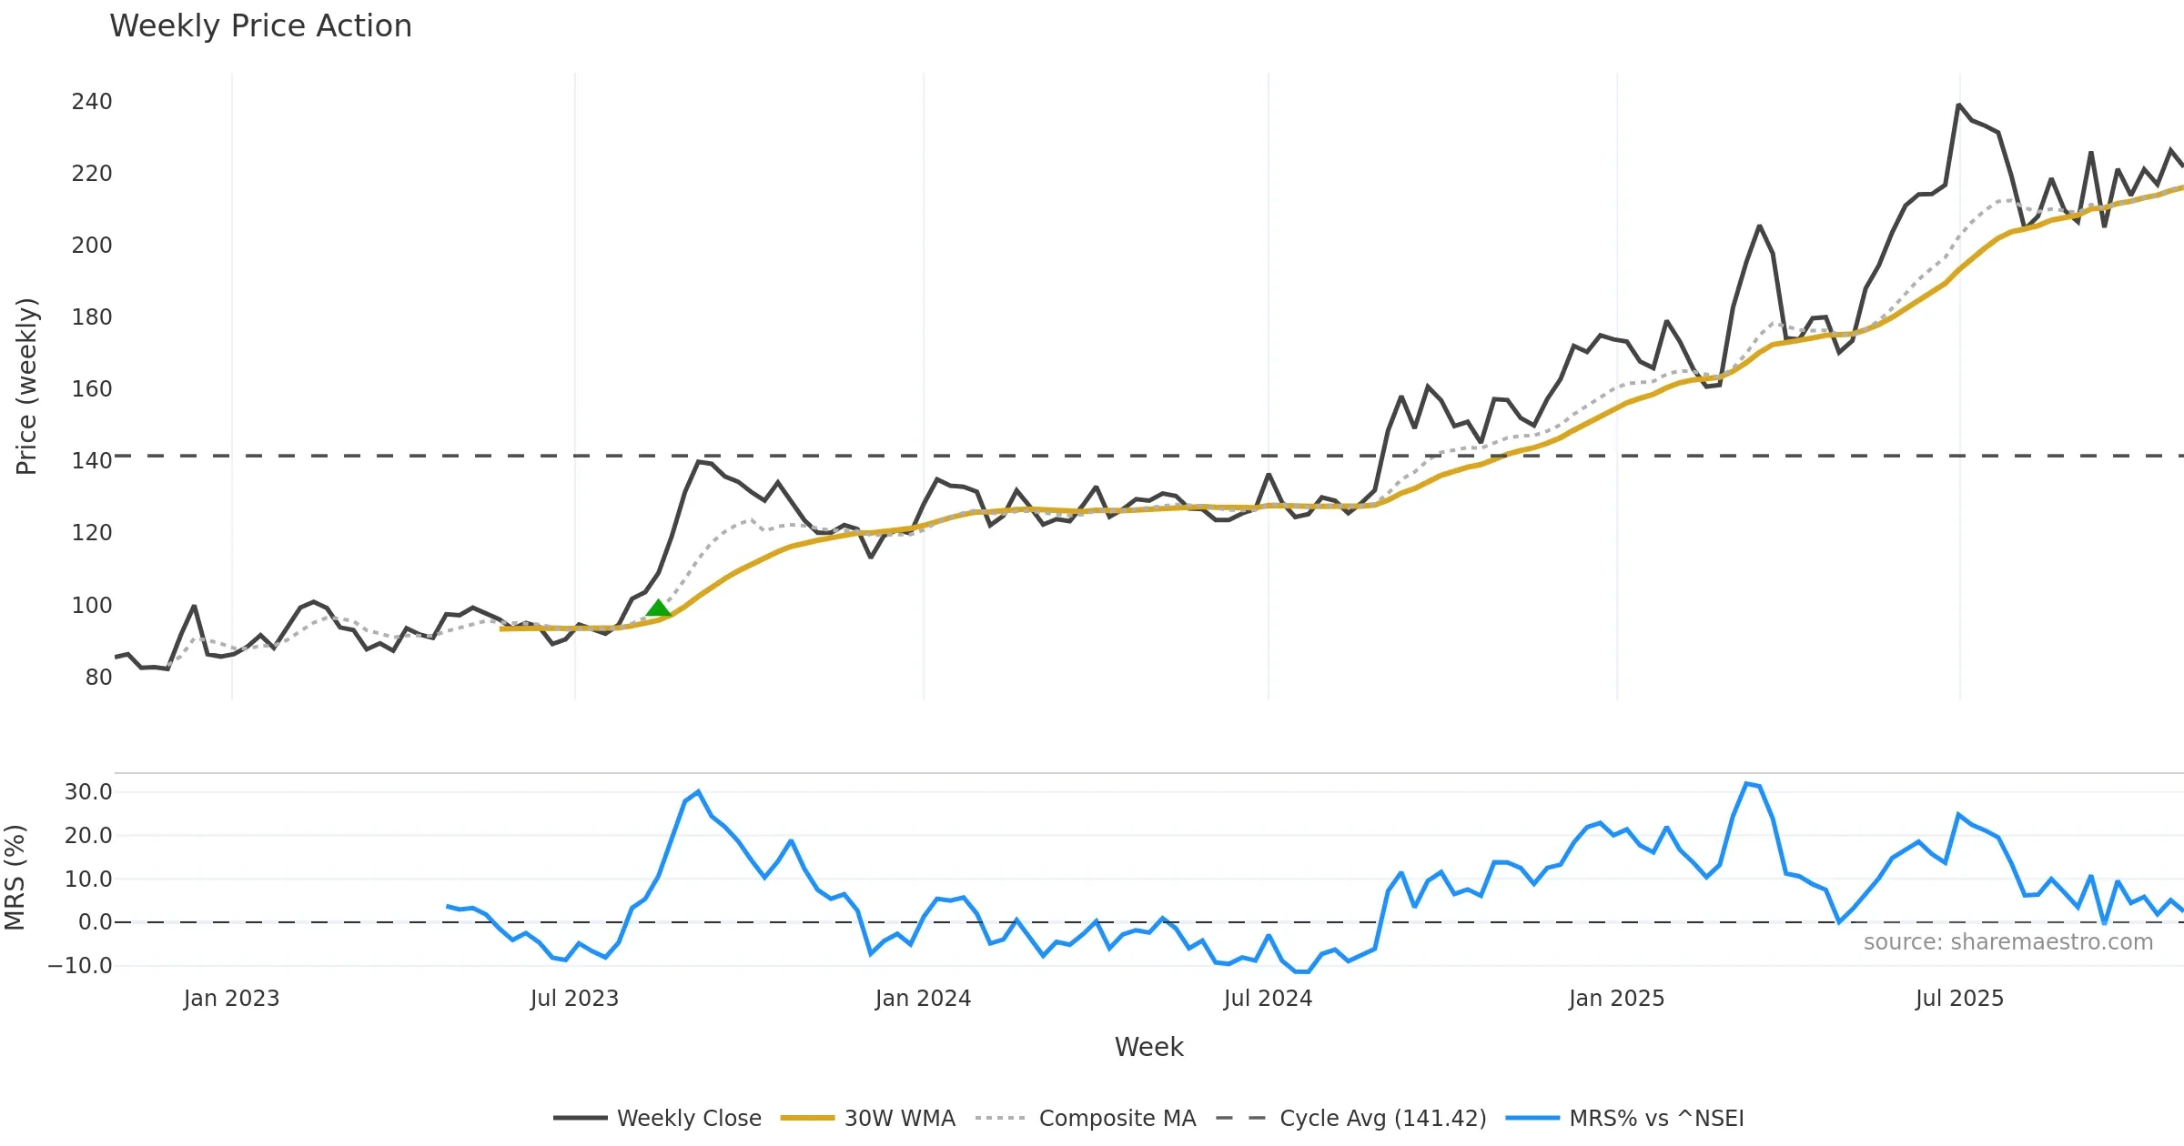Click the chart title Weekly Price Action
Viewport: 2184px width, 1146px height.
[x=260, y=26]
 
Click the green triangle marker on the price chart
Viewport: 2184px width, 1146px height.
[x=658, y=608]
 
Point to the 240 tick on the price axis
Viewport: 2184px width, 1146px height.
[x=92, y=101]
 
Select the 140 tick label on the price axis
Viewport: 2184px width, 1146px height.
[x=92, y=460]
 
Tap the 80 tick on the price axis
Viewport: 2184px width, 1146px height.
[x=98, y=677]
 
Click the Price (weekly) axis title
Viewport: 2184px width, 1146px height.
[x=26, y=386]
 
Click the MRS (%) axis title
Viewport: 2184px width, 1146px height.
[x=15, y=877]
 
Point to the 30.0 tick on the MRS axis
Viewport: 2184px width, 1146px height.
[x=88, y=791]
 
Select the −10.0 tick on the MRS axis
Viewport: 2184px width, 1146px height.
[x=80, y=965]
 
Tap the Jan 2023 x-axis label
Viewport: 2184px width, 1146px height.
[x=231, y=998]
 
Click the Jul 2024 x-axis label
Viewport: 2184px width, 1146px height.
[x=1268, y=998]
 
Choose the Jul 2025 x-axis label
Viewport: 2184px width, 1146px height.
[x=1959, y=998]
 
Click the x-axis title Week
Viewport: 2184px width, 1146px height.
[x=1148, y=1047]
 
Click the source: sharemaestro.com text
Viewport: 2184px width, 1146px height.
[x=2007, y=941]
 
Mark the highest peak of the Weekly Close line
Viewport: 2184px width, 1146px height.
[x=1958, y=105]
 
